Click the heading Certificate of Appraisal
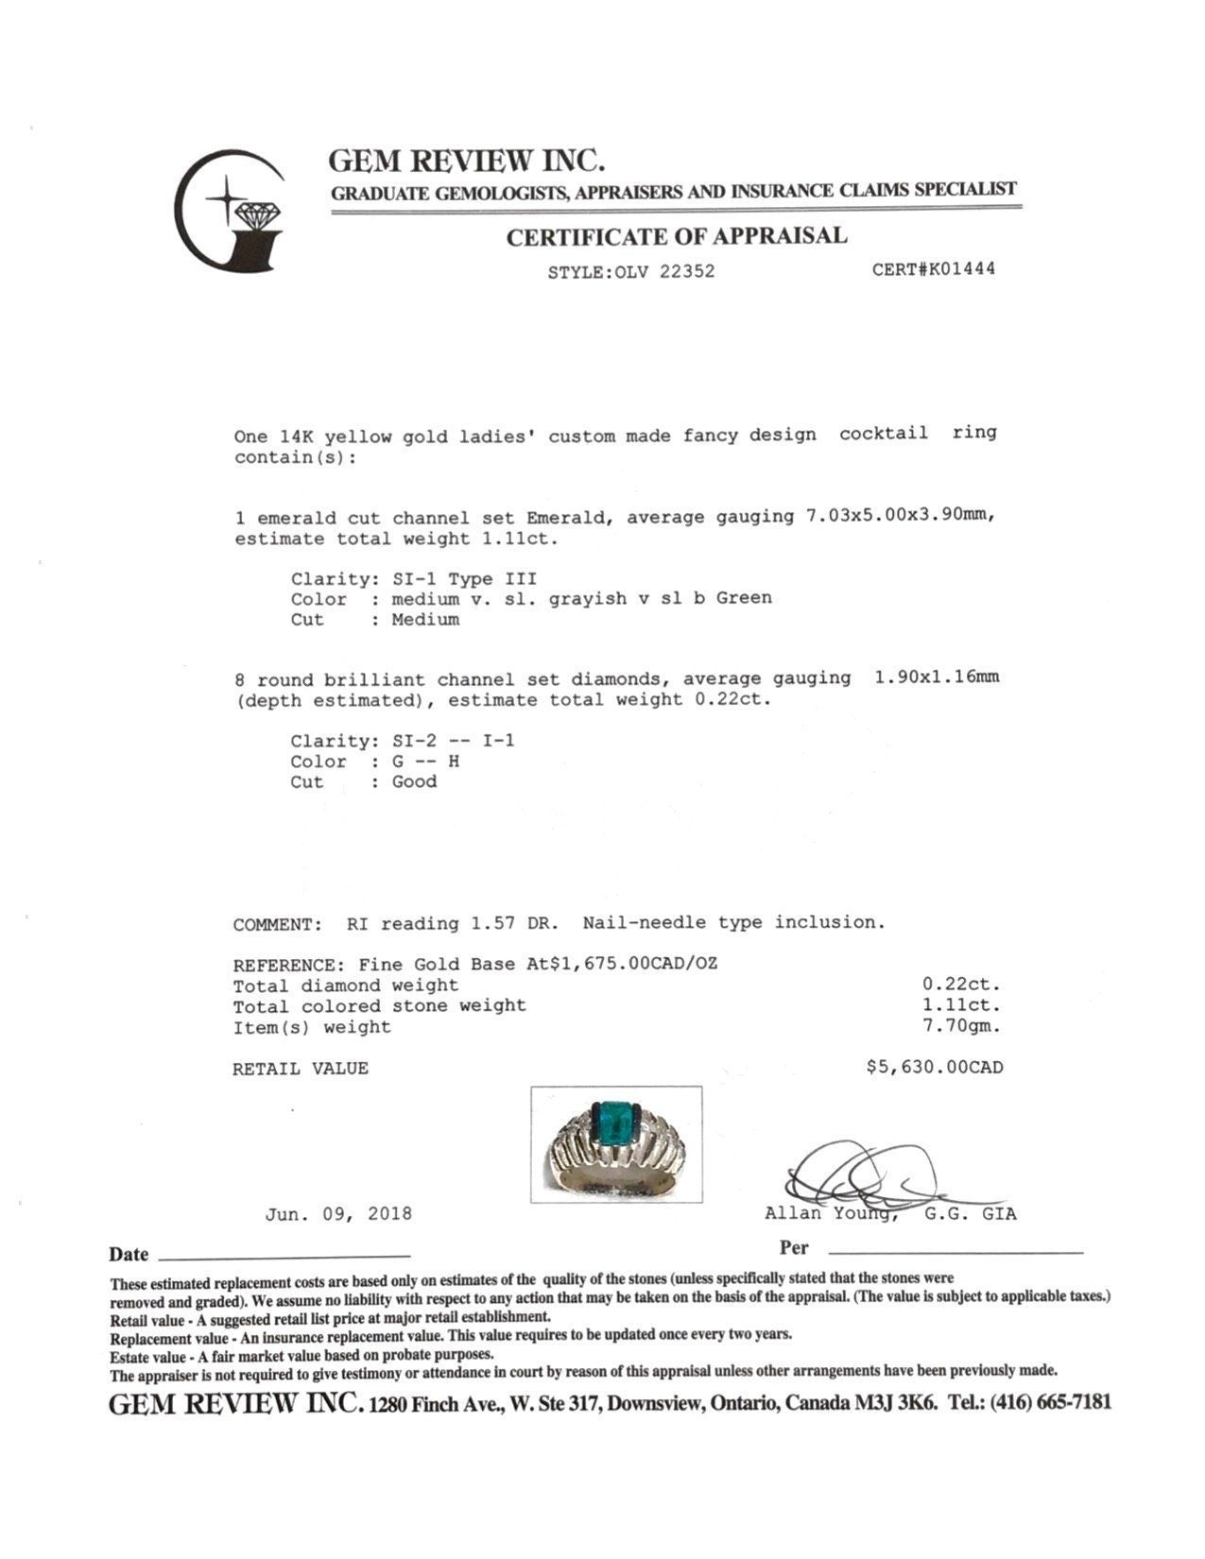coord(676,236)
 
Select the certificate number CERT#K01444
coord(933,269)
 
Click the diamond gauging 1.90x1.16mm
coord(937,677)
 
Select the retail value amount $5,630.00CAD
coord(935,1068)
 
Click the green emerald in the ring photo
coord(616,1121)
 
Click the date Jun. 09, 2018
coord(338,1214)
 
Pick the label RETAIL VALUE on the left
coord(301,1070)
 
